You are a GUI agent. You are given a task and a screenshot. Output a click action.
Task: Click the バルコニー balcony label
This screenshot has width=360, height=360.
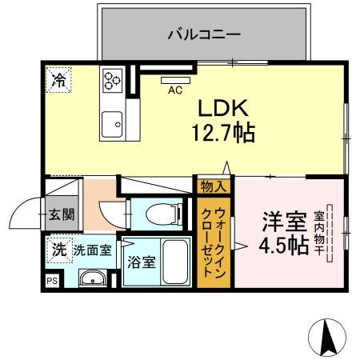[x=204, y=34]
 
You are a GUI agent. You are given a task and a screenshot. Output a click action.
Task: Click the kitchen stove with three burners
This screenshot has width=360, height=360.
[x=111, y=80]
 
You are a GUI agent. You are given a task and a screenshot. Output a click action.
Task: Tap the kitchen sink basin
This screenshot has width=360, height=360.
[x=111, y=123]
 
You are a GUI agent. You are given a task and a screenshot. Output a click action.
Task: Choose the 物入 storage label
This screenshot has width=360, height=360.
[x=214, y=186]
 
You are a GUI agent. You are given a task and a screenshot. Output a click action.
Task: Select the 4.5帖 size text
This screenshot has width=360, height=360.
[x=282, y=245]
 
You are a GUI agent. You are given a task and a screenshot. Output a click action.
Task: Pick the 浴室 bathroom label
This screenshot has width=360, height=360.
[x=143, y=262]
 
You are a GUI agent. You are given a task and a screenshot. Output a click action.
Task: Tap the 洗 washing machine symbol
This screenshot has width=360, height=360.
[x=58, y=249]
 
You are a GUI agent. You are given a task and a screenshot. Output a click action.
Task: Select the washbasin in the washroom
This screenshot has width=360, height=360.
[x=94, y=279]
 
